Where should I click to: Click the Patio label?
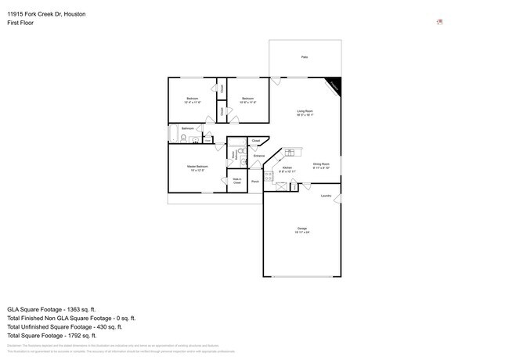pos(304,57)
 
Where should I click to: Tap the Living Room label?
pos(305,113)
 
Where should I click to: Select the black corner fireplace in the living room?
pos(334,85)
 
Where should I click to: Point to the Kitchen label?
pos(287,169)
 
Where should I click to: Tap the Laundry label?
pos(326,196)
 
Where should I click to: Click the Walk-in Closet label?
pos(236,181)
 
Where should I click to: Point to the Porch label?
pos(255,182)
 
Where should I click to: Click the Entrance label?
pos(259,156)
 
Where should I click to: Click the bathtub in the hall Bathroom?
pos(173,135)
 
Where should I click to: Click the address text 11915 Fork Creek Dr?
pos(40,14)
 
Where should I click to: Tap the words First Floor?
pos(21,23)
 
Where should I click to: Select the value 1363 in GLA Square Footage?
pos(85,309)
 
